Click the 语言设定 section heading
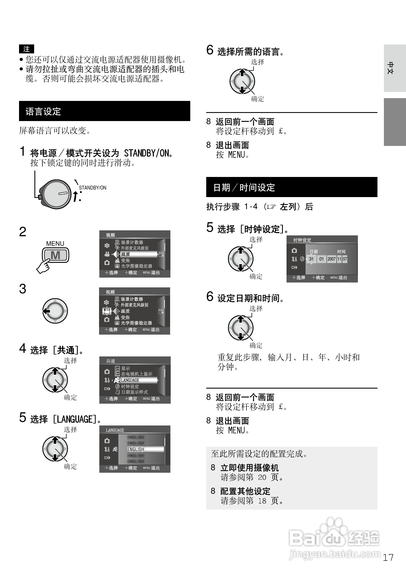coord(43,112)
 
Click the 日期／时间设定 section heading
coord(244,187)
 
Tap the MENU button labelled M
coord(55,255)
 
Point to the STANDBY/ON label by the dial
coord(93,188)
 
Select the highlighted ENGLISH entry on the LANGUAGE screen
coord(136,449)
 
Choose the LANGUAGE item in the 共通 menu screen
coord(130,380)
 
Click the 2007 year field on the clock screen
coord(332,259)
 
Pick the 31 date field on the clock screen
coord(311,259)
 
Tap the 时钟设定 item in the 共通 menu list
coord(130,386)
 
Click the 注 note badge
coord(27,49)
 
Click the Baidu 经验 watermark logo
coord(334,538)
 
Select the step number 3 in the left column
coord(23,289)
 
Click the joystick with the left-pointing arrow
coord(55,311)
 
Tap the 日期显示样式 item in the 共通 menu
coord(134,392)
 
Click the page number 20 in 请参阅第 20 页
coord(262,477)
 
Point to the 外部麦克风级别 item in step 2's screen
coord(135,248)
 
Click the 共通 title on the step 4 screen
coord(111,361)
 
